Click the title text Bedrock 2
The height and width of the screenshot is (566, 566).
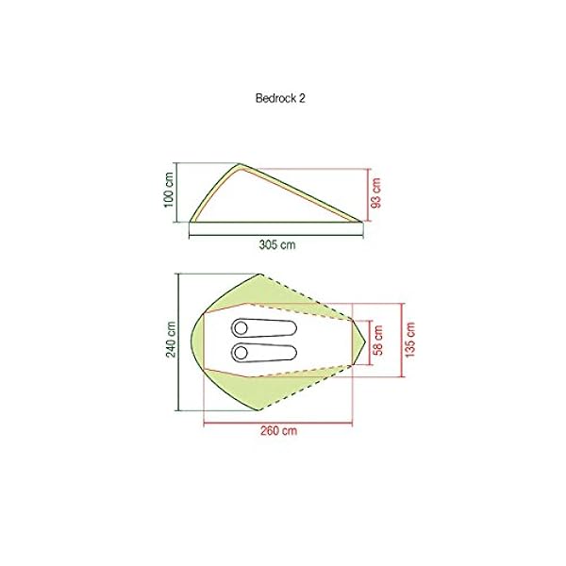pos(282,96)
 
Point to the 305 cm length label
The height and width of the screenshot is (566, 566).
pos(277,243)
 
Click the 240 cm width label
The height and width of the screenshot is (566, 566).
pos(171,341)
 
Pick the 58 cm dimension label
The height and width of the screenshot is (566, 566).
pos(379,341)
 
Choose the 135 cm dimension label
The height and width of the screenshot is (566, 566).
pos(410,341)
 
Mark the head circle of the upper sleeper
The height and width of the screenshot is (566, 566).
pos(241,327)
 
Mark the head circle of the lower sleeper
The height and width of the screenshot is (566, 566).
pos(241,353)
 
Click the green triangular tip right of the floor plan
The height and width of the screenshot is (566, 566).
pos(361,341)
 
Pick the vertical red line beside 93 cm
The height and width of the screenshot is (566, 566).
pos(365,194)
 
